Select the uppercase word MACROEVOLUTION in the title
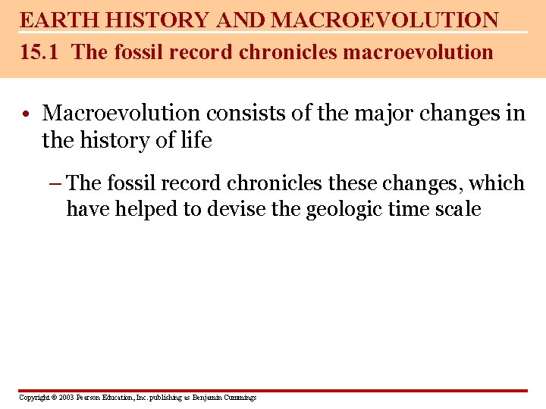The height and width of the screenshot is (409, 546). [384, 20]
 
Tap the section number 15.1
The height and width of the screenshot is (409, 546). [36, 52]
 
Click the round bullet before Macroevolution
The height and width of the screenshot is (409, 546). [26, 114]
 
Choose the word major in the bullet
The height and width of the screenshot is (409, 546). [386, 114]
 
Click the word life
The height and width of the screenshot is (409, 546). [196, 140]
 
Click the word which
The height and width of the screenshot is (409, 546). [497, 183]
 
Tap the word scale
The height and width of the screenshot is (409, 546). [457, 209]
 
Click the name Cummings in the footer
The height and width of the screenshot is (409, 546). [239, 398]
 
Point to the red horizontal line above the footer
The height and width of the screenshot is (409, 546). [273, 391]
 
